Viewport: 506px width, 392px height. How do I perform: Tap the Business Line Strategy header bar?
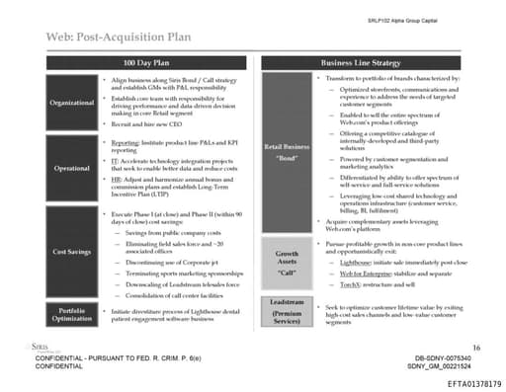(x=379, y=62)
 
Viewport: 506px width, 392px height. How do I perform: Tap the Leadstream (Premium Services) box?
(x=288, y=310)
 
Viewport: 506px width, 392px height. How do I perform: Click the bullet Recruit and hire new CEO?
(x=147, y=127)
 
